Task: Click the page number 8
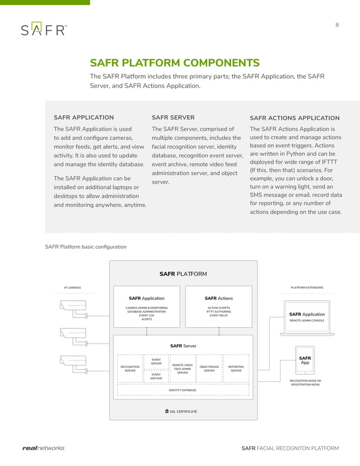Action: [337, 24]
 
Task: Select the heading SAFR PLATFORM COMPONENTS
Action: [175, 63]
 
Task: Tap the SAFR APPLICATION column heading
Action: [84, 117]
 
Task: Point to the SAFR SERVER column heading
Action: [173, 117]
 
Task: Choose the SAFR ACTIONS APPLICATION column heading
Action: [295, 118]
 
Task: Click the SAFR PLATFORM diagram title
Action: [183, 274]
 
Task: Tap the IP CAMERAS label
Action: [72, 288]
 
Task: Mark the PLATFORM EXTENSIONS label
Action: [307, 288]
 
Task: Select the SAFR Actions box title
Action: [218, 298]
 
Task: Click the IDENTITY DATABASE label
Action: [183, 390]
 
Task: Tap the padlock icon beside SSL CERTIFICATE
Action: [167, 411]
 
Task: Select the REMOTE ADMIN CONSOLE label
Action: [307, 320]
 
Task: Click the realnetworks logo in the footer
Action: [43, 449]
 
